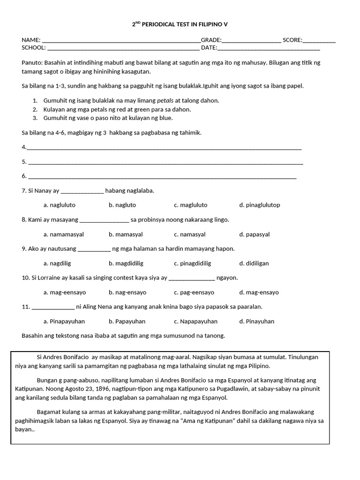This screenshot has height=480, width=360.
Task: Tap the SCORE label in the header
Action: pyautogui.click(x=292, y=40)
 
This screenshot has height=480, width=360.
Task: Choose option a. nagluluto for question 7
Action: pyautogui.click(x=59, y=205)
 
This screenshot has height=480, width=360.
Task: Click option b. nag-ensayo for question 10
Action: pyautogui.click(x=127, y=292)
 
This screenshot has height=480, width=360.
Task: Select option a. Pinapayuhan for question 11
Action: pyautogui.click(x=64, y=321)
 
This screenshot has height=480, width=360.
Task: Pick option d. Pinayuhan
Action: pyautogui.click(x=256, y=321)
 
